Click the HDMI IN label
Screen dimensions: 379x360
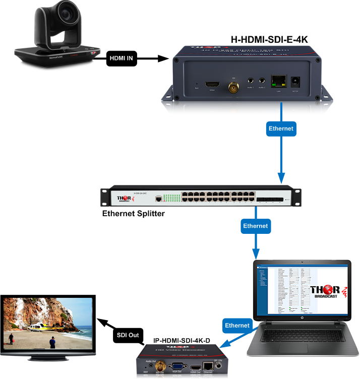[x=121, y=58]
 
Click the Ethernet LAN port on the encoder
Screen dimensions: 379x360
[x=277, y=81]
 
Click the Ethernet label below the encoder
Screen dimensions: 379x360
[x=281, y=129]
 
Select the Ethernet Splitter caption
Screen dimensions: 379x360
[x=134, y=213]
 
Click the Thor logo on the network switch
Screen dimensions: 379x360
[x=126, y=199]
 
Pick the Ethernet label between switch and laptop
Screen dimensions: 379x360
[x=255, y=226]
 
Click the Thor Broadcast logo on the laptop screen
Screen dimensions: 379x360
[x=325, y=294]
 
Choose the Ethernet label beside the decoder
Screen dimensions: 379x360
[x=237, y=325]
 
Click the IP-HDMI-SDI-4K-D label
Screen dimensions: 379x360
[x=182, y=340]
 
